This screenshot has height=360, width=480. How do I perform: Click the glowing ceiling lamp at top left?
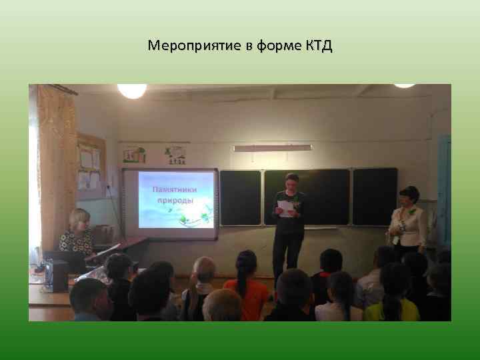[131, 91]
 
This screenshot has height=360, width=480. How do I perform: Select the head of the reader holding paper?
[291, 181]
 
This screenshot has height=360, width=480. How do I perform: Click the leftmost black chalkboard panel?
[240, 197]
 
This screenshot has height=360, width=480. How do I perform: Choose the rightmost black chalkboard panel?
[375, 196]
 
